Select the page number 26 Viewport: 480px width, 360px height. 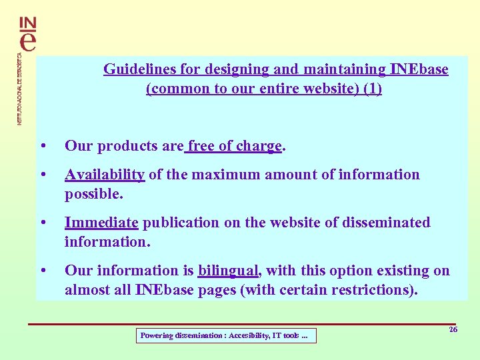453,329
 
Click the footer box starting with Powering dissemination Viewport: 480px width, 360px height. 226,336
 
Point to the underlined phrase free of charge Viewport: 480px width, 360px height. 235,147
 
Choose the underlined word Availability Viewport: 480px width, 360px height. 105,175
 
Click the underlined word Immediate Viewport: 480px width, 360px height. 101,223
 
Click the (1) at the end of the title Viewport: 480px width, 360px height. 373,89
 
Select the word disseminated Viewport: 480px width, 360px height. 386,223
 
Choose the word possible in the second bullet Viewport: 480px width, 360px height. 94,194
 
